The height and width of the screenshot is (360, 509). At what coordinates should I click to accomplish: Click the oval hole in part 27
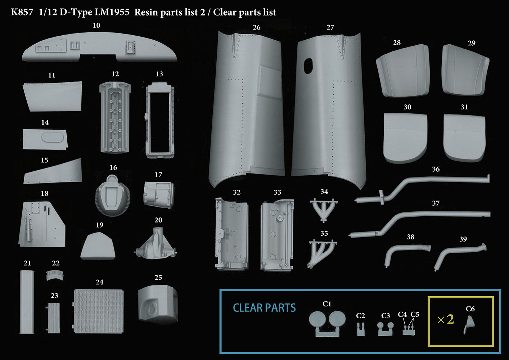click(x=308, y=66)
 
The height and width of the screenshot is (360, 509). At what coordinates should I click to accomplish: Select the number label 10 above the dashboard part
click(x=96, y=25)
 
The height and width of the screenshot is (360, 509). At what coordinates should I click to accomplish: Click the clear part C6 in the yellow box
click(x=469, y=325)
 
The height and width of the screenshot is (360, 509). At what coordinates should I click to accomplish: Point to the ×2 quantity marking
click(x=446, y=320)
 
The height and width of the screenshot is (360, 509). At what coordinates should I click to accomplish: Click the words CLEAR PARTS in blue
click(x=264, y=308)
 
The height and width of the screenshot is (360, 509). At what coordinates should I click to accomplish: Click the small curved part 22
click(x=55, y=275)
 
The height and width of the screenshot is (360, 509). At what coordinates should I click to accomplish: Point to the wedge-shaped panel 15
click(x=53, y=171)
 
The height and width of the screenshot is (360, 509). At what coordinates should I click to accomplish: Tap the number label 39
click(x=463, y=239)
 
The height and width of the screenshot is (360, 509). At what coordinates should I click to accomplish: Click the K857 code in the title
click(x=22, y=12)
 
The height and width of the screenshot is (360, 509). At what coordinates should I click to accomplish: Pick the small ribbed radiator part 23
click(x=53, y=318)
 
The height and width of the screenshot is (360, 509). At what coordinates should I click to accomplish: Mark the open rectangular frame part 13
click(x=160, y=121)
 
